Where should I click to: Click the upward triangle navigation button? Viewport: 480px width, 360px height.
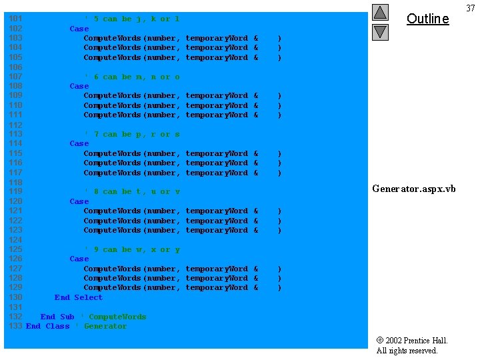coord(380,13)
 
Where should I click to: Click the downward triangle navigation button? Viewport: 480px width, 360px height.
coord(380,31)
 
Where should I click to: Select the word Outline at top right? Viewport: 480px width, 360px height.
coord(427,19)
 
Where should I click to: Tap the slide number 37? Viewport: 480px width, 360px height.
coord(470,8)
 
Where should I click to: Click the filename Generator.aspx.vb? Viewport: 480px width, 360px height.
coord(413,189)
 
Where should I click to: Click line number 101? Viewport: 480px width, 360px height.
coord(15,19)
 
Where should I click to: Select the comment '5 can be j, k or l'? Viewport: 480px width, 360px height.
coord(131,19)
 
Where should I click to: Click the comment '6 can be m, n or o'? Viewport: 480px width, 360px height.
coord(131,77)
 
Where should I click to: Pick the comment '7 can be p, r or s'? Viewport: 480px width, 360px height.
coord(131,134)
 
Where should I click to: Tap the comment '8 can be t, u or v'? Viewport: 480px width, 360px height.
coord(131,192)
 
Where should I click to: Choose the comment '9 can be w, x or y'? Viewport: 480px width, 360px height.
coord(131,249)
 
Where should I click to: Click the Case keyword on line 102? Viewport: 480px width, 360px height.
coord(79,29)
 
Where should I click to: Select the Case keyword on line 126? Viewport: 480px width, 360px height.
coord(79,259)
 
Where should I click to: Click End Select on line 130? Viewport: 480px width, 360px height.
coord(79,297)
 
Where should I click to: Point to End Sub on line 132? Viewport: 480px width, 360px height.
coord(57,317)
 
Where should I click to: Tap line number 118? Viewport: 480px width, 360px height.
coord(15,182)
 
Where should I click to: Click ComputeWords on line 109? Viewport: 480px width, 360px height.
coord(112,96)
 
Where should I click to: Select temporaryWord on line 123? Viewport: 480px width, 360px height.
coord(216,230)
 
